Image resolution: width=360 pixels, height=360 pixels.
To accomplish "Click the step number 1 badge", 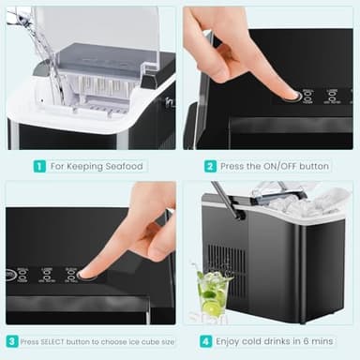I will pos(39,166).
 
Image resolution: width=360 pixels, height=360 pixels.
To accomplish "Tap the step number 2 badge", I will pos(211,166).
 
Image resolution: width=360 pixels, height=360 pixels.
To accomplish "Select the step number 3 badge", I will pos(12,341).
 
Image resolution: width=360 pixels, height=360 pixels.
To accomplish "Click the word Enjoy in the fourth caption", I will pos(235,341).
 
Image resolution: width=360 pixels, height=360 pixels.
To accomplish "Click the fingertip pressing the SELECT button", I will pos(85,270).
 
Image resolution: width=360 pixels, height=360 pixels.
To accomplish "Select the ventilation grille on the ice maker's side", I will pos(230,264).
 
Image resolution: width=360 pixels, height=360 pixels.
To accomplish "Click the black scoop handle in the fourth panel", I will pos(229,200).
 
